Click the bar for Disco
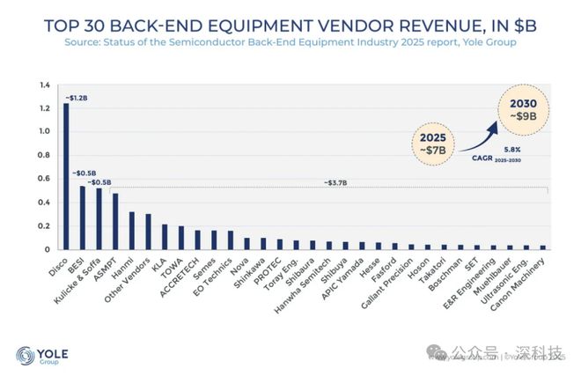pyautogui.click(x=66, y=176)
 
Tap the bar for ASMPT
pyautogui.click(x=115, y=221)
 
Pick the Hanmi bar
pyautogui.click(x=132, y=231)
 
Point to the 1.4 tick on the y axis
pyautogui.click(x=45, y=85)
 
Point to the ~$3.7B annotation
pyautogui.click(x=327, y=183)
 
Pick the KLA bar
pyautogui.click(x=165, y=237)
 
